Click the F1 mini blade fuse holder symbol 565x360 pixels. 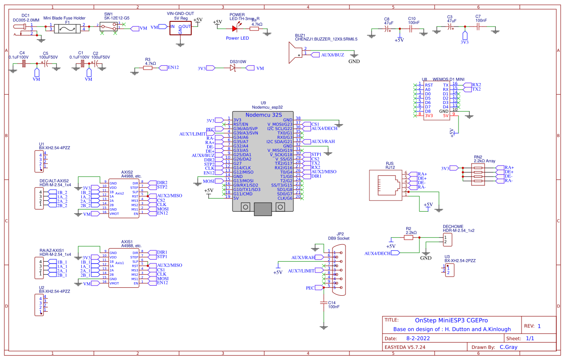[67, 29]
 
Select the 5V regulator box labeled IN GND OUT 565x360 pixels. [180, 29]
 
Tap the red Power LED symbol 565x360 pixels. [235, 29]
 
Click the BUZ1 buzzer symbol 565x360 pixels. [296, 51]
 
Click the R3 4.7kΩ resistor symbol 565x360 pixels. [148, 67]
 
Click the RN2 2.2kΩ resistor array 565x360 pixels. [478, 174]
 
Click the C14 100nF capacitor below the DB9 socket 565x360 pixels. [323, 301]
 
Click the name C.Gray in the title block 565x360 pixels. [508, 347]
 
